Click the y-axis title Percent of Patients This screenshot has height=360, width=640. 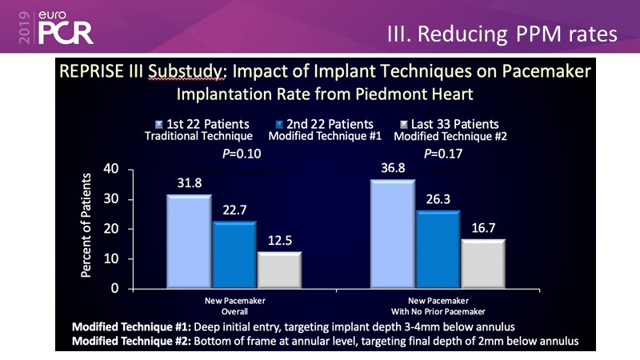coord(86,227)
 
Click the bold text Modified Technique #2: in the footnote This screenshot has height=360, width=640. coord(129,342)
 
